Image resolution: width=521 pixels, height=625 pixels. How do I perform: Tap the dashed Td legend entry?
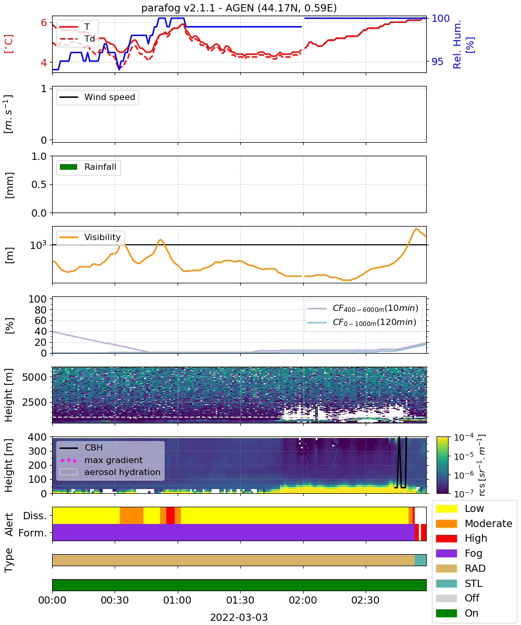pyautogui.click(x=77, y=39)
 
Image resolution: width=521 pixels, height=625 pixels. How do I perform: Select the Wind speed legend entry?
pyautogui.click(x=97, y=97)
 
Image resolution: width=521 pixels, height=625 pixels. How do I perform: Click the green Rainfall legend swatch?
pyautogui.click(x=69, y=167)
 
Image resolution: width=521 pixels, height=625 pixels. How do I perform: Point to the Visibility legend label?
pyautogui.click(x=103, y=237)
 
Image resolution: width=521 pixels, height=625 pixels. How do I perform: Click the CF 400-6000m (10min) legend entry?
pyautogui.click(x=363, y=308)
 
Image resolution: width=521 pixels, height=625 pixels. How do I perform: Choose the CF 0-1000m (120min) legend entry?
pyautogui.click(x=362, y=322)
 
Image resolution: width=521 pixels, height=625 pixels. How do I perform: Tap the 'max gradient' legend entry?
pyautogui.click(x=102, y=460)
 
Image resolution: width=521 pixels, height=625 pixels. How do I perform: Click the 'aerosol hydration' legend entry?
pyautogui.click(x=110, y=472)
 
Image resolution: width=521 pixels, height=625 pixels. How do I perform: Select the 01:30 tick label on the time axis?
pyautogui.click(x=240, y=600)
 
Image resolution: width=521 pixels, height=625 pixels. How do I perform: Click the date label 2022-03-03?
pyautogui.click(x=239, y=617)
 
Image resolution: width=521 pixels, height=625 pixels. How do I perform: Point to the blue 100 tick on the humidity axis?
pyautogui.click(x=440, y=18)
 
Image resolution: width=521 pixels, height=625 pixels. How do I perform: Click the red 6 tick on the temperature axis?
pyautogui.click(x=44, y=22)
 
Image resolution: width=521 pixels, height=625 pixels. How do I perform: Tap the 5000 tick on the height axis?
pyautogui.click(x=34, y=377)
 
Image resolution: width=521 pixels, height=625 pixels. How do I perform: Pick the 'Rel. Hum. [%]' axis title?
pyautogui.click(x=463, y=44)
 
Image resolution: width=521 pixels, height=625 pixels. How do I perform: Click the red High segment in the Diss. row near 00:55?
pyautogui.click(x=170, y=516)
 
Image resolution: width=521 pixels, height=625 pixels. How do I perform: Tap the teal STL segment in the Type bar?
pyautogui.click(x=420, y=560)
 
